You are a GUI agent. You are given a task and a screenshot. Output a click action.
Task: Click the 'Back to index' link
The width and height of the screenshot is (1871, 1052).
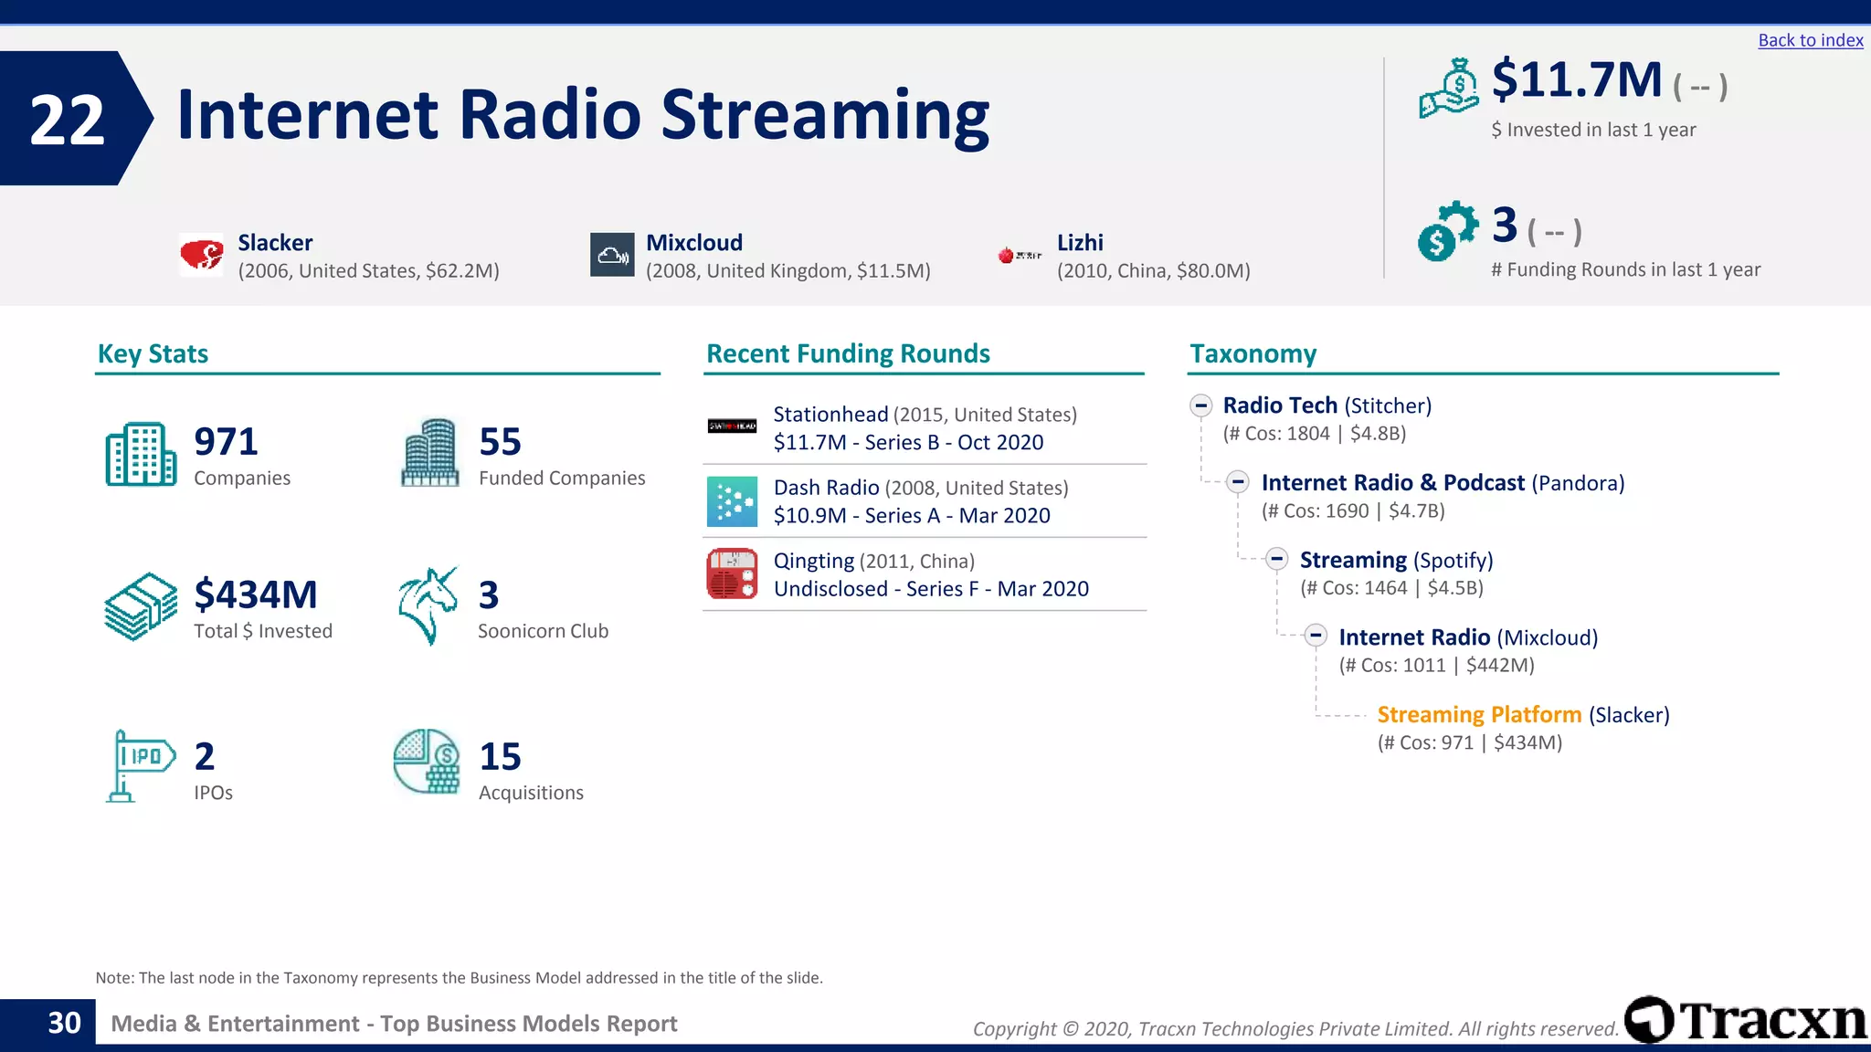[x=1810, y=40]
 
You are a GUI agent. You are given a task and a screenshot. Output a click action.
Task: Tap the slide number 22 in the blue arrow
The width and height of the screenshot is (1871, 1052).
[x=67, y=121]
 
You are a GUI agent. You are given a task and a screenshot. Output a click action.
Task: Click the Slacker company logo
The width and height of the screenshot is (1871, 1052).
[x=201, y=255]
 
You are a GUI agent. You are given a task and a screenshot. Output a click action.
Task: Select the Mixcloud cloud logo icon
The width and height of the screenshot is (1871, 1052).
[x=612, y=255]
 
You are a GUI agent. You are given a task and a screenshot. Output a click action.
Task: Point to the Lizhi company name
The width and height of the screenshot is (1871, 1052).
[x=1080, y=243]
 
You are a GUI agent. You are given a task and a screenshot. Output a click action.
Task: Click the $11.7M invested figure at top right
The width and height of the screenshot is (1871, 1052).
[x=1577, y=80]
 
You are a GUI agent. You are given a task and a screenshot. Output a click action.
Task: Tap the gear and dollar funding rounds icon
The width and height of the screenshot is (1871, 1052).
[x=1447, y=231]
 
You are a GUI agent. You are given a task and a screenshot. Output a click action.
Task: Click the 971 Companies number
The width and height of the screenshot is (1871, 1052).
[x=226, y=442]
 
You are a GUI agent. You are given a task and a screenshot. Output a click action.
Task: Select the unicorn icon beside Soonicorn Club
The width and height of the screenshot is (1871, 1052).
[x=428, y=605]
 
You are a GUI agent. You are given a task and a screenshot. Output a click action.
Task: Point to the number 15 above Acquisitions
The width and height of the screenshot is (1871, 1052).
[x=500, y=757]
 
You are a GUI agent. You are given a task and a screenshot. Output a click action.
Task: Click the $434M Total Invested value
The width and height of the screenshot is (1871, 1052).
[x=256, y=595]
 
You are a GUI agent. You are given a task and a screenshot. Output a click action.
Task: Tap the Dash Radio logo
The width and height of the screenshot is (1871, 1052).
[x=732, y=501]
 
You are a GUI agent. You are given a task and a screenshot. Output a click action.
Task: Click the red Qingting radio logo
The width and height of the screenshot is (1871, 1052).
[x=732, y=573]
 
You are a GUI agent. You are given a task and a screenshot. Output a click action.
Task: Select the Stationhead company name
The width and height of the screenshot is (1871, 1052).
[x=830, y=415]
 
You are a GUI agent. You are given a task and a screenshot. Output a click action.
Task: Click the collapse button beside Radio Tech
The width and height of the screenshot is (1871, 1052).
[x=1200, y=405]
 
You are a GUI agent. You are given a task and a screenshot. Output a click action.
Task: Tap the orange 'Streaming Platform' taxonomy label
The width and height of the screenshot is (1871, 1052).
[x=1478, y=715]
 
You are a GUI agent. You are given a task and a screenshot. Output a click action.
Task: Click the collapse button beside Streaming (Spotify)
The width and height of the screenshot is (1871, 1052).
[x=1277, y=560]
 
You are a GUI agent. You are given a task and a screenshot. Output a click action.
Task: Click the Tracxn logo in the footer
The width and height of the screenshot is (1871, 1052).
[x=1746, y=1020]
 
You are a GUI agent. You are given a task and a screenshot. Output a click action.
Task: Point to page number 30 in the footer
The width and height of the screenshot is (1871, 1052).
[x=64, y=1023]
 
